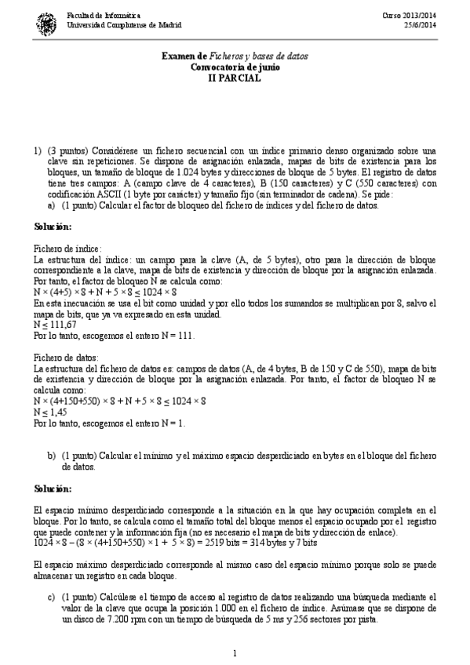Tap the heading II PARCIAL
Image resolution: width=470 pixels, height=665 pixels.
pyautogui.click(x=235, y=79)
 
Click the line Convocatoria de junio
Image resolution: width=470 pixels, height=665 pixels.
pyautogui.click(x=235, y=68)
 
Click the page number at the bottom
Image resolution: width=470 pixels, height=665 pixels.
pyautogui.click(x=235, y=652)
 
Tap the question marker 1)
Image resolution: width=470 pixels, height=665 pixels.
pyautogui.click(x=37, y=150)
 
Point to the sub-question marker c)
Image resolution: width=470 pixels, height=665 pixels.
pyautogui.click(x=52, y=598)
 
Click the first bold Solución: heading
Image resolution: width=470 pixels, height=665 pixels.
pyautogui.click(x=53, y=226)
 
